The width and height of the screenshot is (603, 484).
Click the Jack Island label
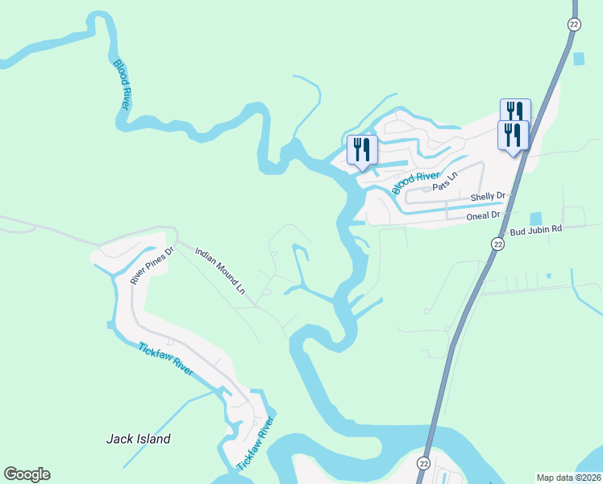pyautogui.click(x=139, y=439)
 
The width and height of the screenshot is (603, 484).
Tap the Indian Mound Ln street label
pyautogui.click(x=221, y=270)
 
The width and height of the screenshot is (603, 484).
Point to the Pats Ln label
pyautogui.click(x=445, y=181)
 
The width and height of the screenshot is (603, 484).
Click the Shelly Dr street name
pyautogui.click(x=487, y=197)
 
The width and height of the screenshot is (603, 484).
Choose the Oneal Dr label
pyautogui.click(x=484, y=216)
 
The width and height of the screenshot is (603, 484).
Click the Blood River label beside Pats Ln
pyautogui.click(x=416, y=182)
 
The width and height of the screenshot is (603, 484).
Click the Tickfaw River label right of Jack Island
pyautogui.click(x=257, y=444)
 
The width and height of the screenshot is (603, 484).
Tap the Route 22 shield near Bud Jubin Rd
pyautogui.click(x=497, y=244)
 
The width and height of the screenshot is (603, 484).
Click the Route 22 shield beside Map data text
pyautogui.click(x=423, y=463)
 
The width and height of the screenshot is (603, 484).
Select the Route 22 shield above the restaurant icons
pyautogui.click(x=572, y=26)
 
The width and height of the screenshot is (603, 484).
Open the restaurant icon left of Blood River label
pyautogui.click(x=362, y=150)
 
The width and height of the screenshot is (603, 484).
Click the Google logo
pyautogui.click(x=27, y=474)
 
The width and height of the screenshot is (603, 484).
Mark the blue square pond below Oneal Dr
pyautogui.click(x=536, y=219)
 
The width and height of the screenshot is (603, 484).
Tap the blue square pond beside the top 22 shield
pyautogui.click(x=578, y=59)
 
